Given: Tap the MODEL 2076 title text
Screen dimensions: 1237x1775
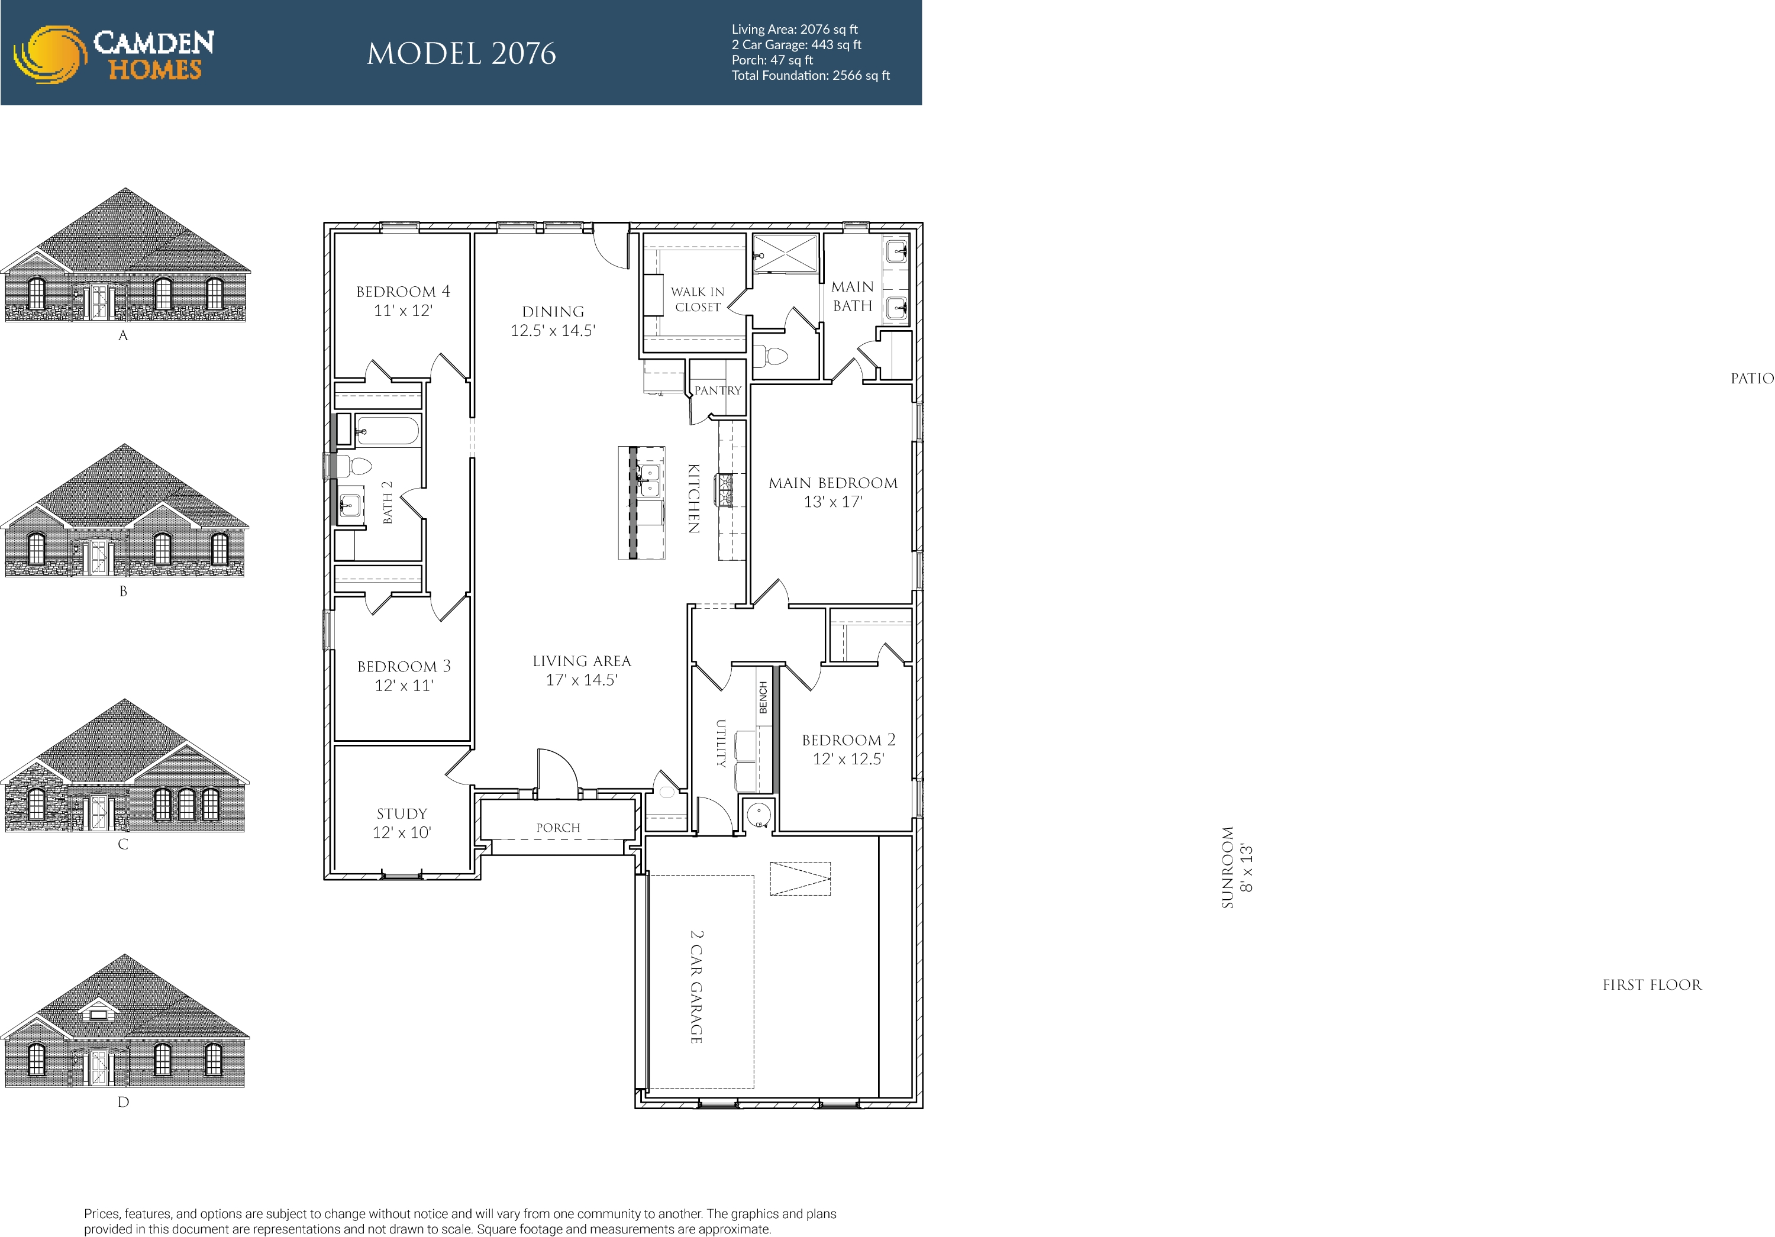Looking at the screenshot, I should click(x=461, y=53).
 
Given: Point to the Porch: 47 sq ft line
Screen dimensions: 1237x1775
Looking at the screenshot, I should click(x=772, y=60).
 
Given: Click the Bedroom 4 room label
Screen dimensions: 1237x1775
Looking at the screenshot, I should click(x=403, y=301).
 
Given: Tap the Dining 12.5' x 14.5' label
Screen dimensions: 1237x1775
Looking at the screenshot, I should click(x=553, y=321).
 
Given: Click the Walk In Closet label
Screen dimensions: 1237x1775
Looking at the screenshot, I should click(x=698, y=299).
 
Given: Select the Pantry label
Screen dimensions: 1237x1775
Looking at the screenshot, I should click(x=718, y=390).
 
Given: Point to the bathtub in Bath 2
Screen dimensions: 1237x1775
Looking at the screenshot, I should click(x=386, y=431).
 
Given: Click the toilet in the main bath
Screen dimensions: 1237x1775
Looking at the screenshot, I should click(x=770, y=356).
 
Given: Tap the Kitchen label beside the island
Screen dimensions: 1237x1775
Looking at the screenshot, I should click(x=693, y=499).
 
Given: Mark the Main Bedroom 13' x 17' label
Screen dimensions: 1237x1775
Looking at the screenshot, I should click(x=832, y=492).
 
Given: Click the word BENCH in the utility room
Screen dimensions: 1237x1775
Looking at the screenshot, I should click(x=763, y=697).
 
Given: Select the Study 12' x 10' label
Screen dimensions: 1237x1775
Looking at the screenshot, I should click(x=401, y=823).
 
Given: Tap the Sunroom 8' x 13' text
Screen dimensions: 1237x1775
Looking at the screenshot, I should click(x=1236, y=867).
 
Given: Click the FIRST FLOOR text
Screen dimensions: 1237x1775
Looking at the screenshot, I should click(x=1651, y=985).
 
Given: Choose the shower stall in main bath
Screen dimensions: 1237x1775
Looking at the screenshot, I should click(x=785, y=253).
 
